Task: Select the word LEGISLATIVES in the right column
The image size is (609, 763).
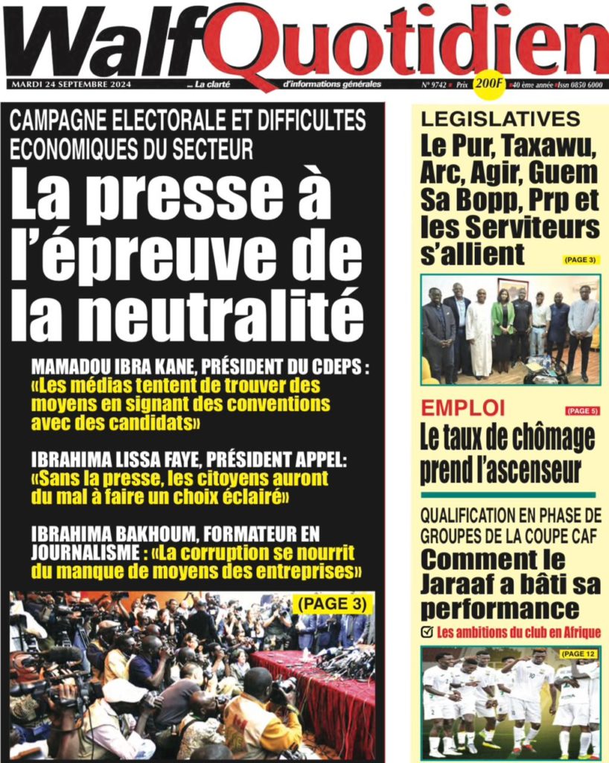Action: (x=500, y=119)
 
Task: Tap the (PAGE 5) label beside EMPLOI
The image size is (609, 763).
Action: (x=581, y=411)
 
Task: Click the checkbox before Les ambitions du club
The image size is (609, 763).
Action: (x=427, y=633)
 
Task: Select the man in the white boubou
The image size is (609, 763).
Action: (x=479, y=328)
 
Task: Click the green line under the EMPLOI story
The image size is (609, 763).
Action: (x=508, y=495)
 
